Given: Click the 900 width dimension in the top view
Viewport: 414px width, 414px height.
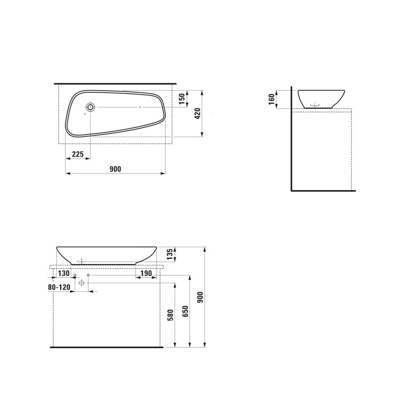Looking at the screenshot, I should pos(115,169).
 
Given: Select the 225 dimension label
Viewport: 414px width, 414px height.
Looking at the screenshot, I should pos(78,154).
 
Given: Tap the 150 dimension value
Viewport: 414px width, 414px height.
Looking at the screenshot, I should pos(182,99).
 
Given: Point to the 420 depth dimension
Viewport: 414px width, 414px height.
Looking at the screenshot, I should pos(197,113).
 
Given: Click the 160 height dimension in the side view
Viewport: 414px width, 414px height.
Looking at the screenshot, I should pos(272,100).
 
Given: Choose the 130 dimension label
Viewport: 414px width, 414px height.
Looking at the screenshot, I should pos(63,273).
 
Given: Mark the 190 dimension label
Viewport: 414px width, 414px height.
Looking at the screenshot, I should pos(145,273).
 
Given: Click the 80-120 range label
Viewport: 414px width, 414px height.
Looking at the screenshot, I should pos(59,287).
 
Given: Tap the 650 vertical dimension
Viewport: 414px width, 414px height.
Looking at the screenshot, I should pos(185,311).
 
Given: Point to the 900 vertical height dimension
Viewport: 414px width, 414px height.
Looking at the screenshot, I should pos(200,297).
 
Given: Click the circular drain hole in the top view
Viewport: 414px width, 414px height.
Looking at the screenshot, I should pos(91,107).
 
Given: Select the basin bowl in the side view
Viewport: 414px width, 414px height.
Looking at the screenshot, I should pos(321,98).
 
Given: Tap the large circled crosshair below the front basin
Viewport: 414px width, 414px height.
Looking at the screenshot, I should pos(81,283).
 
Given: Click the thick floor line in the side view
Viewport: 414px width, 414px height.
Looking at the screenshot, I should pos(323,191).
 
